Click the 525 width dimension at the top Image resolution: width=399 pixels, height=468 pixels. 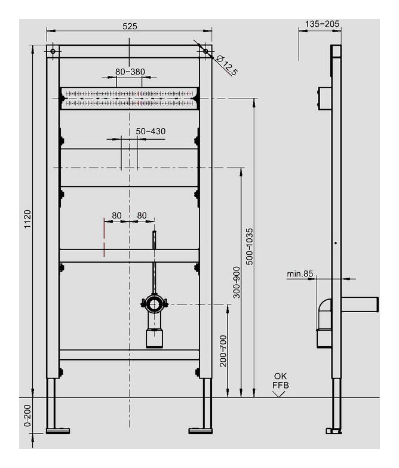coord(130,26)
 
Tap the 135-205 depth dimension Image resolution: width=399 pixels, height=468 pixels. coord(322,24)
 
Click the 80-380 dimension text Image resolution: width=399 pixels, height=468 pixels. coord(130,71)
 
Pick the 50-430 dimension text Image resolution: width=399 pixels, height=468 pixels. coord(150,131)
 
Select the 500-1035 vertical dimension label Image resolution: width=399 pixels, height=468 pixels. coord(250,247)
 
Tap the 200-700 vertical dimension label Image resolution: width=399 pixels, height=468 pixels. coord(223,350)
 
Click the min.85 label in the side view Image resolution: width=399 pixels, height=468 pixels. coord(300,274)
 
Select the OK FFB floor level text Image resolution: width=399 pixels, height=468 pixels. coord(281,381)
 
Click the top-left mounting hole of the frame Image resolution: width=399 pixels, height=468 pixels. coord(53,52)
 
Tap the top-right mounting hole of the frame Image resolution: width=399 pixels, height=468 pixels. coord(205,52)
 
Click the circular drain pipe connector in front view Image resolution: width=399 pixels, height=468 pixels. coord(154,304)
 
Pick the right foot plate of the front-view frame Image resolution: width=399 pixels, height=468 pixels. coord(200,430)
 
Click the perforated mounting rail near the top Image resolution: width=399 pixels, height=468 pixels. coord(130,98)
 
